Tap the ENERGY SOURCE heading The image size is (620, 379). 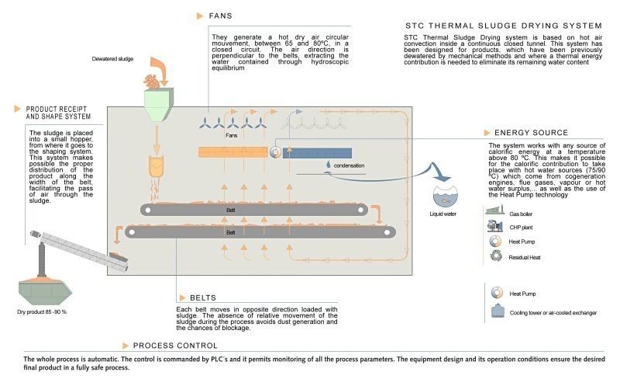point(528,133)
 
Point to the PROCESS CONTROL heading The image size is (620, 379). point(175,346)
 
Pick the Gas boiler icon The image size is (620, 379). point(493,210)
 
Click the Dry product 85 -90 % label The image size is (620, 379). point(43,311)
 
